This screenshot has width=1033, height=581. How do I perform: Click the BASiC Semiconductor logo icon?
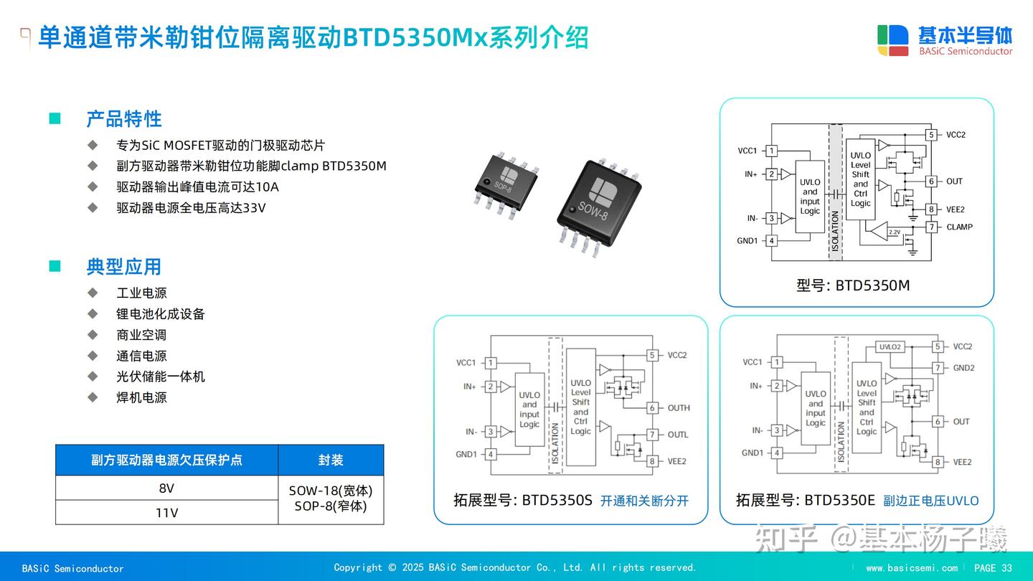(893, 40)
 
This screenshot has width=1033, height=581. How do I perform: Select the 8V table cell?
(166, 488)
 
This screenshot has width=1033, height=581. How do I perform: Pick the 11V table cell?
(166, 513)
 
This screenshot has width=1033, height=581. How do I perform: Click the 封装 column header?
(331, 460)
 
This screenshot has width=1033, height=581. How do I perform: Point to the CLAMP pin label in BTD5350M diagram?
(959, 227)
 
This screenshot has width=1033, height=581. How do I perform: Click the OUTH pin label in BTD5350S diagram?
(678, 408)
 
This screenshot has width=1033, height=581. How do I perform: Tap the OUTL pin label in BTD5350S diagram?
(677, 435)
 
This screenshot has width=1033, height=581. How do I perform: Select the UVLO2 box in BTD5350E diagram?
(890, 347)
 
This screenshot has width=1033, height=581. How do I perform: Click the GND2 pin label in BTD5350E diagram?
(963, 368)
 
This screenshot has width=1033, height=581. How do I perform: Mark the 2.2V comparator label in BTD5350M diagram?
(894, 232)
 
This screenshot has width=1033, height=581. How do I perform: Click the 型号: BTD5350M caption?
(853, 285)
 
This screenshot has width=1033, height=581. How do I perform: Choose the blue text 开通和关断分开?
(644, 501)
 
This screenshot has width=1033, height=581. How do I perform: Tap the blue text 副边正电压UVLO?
(930, 501)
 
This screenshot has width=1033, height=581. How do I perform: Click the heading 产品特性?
(124, 119)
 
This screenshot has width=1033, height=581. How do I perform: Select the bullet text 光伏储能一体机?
(161, 377)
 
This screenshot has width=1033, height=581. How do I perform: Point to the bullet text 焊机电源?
(141, 397)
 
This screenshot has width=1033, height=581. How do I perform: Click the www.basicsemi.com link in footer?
(911, 568)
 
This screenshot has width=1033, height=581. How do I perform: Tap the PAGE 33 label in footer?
(993, 568)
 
